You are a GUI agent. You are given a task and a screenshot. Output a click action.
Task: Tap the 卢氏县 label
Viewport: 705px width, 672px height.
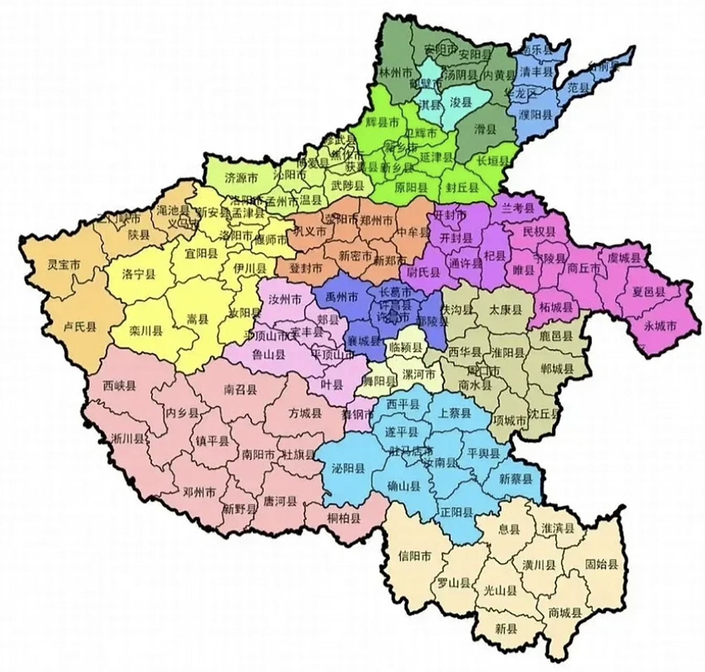tap(80, 328)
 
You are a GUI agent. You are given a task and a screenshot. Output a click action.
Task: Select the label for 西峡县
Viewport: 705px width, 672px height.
tap(119, 386)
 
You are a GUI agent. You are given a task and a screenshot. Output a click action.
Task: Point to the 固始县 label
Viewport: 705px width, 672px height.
tap(602, 565)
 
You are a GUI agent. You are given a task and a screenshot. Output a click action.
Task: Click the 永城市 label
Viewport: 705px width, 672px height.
tap(660, 326)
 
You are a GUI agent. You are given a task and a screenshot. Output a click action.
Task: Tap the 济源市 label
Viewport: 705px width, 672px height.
tap(241, 178)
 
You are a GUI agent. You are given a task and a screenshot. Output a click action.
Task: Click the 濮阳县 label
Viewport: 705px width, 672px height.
tap(535, 115)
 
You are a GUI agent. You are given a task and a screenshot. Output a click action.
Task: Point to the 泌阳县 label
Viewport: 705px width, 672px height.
tap(349, 469)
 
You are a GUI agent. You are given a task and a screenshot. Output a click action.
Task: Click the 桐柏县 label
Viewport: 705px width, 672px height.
tap(344, 519)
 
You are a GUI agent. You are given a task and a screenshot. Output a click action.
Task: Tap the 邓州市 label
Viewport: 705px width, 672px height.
tap(199, 492)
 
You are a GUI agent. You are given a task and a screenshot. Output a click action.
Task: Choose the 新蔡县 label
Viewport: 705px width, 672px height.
tap(515, 479)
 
